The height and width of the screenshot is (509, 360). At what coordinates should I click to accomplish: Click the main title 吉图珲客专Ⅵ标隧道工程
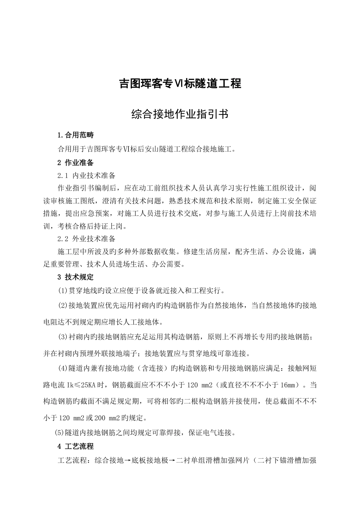point(180,84)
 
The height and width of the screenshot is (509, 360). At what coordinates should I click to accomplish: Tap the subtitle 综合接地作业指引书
point(180,114)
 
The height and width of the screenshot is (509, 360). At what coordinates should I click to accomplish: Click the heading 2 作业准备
point(75,163)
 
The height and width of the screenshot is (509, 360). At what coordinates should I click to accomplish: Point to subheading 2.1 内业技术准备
point(86,176)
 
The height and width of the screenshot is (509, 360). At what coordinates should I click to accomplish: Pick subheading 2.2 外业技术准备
point(86,239)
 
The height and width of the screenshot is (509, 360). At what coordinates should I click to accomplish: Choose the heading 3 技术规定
point(75,277)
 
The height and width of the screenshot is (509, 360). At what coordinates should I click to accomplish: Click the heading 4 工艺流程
point(75,447)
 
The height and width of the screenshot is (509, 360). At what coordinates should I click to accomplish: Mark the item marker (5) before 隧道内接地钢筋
point(59,432)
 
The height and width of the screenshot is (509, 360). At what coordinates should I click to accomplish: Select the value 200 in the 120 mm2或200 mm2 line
point(100,418)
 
